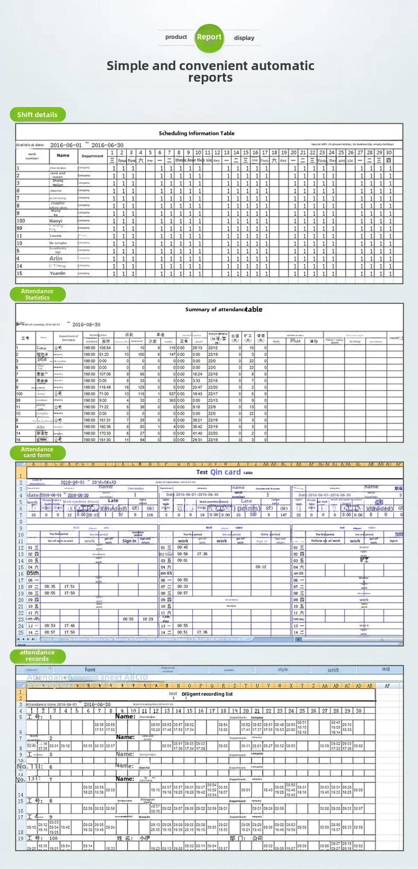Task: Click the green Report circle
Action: click(209, 37)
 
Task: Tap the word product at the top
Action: click(176, 37)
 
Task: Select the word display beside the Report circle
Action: click(244, 38)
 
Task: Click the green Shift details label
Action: click(37, 114)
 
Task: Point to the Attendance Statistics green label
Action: click(37, 295)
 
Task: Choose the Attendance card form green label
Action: click(37, 452)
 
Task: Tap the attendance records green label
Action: click(37, 655)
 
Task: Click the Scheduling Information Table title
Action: click(196, 133)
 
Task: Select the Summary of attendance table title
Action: click(224, 310)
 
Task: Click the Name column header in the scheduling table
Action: click(63, 155)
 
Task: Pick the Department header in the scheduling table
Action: click(92, 156)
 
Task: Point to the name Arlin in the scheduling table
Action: click(56, 259)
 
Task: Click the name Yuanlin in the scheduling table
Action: click(57, 273)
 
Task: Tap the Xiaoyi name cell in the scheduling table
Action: click(55, 221)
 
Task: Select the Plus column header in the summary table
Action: click(296, 340)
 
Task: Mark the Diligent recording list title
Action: click(207, 694)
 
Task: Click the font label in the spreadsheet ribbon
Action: click(90, 670)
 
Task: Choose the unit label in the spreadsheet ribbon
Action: click(333, 670)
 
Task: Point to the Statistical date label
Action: click(30, 145)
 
